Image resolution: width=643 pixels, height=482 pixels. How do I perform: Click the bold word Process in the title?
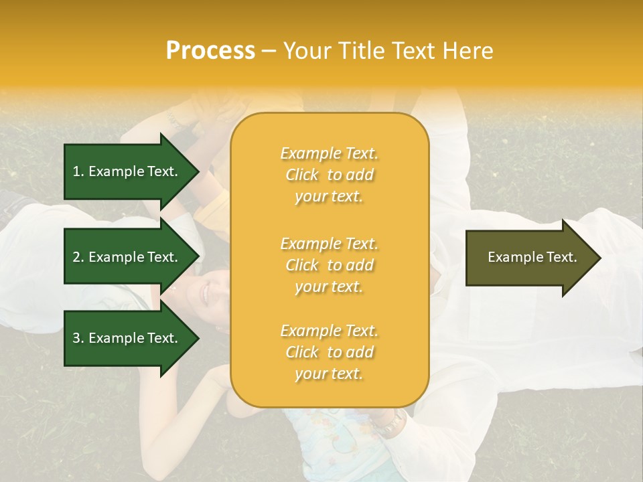[x=210, y=51]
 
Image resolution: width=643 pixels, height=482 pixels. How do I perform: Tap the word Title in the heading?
[x=358, y=51]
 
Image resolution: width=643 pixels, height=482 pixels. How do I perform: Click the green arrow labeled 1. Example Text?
[x=127, y=171]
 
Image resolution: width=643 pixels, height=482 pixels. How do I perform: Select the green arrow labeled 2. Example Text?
[x=127, y=257]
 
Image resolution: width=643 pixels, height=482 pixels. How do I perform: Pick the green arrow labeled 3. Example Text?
[x=127, y=338]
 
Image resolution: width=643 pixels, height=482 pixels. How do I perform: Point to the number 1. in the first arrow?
[x=78, y=171]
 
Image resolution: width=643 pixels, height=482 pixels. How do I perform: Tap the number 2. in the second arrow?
[x=78, y=257]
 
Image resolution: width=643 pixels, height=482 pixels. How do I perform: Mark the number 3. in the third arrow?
[x=78, y=338]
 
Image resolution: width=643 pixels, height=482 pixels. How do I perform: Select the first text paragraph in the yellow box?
[x=329, y=175]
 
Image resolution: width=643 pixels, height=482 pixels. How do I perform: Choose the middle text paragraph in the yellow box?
[x=329, y=265]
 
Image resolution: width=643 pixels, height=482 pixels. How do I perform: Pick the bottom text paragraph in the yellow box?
[x=329, y=352]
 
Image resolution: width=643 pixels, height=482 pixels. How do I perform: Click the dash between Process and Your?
[x=269, y=51]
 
